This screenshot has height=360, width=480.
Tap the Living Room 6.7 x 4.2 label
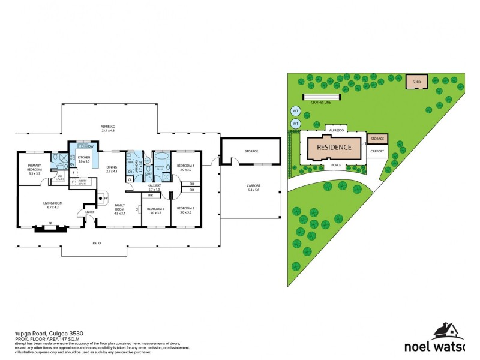tap(53, 205)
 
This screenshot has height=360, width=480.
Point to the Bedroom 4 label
tap(185, 167)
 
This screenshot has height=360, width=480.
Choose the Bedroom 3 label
tap(156, 210)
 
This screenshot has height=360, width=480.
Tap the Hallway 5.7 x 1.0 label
tap(154, 187)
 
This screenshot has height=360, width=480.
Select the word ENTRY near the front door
tap(90, 211)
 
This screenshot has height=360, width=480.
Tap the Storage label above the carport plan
tap(251, 151)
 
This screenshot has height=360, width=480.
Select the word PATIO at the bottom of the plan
tap(96, 243)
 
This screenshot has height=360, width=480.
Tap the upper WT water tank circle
tap(295, 111)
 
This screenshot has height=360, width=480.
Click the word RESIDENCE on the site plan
tap(334, 147)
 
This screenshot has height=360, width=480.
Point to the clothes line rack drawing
tap(320, 97)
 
